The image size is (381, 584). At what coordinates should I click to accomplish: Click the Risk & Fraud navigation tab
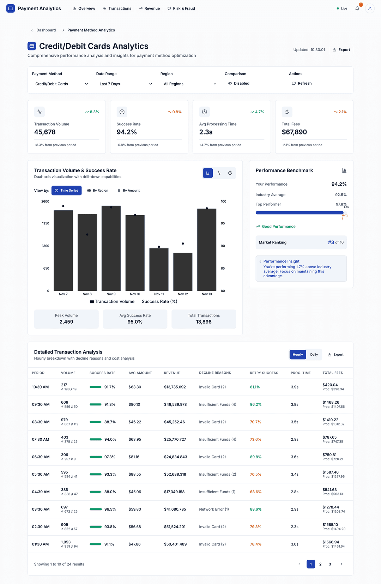coord(181,8)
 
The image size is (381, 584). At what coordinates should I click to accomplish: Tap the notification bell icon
coord(357,8)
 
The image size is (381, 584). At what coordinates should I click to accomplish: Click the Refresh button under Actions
coord(302,83)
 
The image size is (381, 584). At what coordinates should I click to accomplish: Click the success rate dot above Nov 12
coord(183,243)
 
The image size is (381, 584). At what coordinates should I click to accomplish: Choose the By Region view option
coord(98,191)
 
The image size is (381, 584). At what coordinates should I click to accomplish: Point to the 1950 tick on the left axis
coord(46,223)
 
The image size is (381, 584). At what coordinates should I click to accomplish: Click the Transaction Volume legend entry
coord(112,302)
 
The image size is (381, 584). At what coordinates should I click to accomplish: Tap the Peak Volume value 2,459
coord(66,322)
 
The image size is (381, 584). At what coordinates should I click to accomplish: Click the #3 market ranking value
coord(331,242)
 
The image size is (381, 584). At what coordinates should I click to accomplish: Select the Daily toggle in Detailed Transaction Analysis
coord(314,355)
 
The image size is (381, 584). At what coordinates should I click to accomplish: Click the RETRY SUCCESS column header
coord(264,373)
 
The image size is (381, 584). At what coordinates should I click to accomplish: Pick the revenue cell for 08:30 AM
coord(174,422)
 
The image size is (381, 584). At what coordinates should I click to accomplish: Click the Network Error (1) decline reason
coord(214,509)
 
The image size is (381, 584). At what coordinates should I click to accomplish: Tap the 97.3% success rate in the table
coord(110,457)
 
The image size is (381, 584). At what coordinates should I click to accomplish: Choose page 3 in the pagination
coord(330,564)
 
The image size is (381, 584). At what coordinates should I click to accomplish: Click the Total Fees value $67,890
coord(294,132)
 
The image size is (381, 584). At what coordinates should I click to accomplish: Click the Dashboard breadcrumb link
coord(46,30)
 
